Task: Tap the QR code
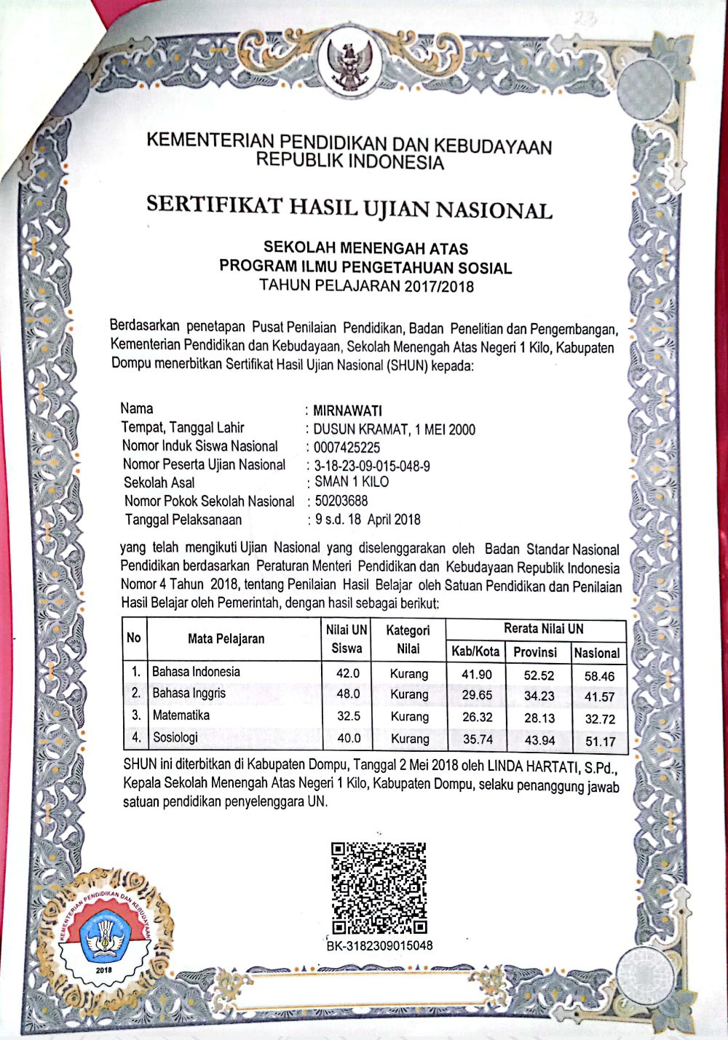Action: pyautogui.click(x=379, y=889)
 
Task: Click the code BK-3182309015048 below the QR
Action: pyautogui.click(x=379, y=945)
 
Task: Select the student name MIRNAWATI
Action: pyautogui.click(x=347, y=411)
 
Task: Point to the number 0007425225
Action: pyautogui.click(x=347, y=448)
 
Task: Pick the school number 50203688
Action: pyautogui.click(x=341, y=501)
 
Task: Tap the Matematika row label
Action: pyautogui.click(x=181, y=715)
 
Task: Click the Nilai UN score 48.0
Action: pyautogui.click(x=348, y=694)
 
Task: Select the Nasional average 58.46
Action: pyautogui.click(x=599, y=676)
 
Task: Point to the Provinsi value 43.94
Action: pyautogui.click(x=539, y=740)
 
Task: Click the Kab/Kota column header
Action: pyautogui.click(x=475, y=651)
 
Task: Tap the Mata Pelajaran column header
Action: pyautogui.click(x=226, y=639)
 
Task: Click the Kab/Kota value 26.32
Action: pyautogui.click(x=477, y=717)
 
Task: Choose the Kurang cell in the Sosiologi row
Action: pyautogui.click(x=409, y=739)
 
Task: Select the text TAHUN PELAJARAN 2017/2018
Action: pyautogui.click(x=366, y=286)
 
